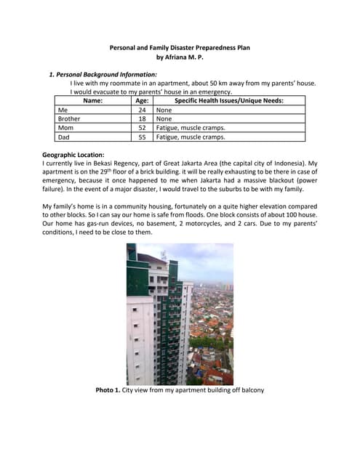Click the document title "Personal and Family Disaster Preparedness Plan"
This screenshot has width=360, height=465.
[180, 46]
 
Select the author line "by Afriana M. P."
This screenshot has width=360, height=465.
[180, 57]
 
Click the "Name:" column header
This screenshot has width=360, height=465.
[93, 101]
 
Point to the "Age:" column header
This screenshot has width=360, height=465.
[142, 101]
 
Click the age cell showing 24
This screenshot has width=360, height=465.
[142, 110]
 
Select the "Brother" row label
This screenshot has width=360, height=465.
[69, 118]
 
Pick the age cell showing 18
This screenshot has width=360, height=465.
[142, 118]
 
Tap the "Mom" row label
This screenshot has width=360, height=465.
[65, 127]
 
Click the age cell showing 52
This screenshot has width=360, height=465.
[142, 127]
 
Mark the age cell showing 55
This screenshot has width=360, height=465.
[142, 136]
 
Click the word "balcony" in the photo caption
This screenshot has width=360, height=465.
[250, 390]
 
